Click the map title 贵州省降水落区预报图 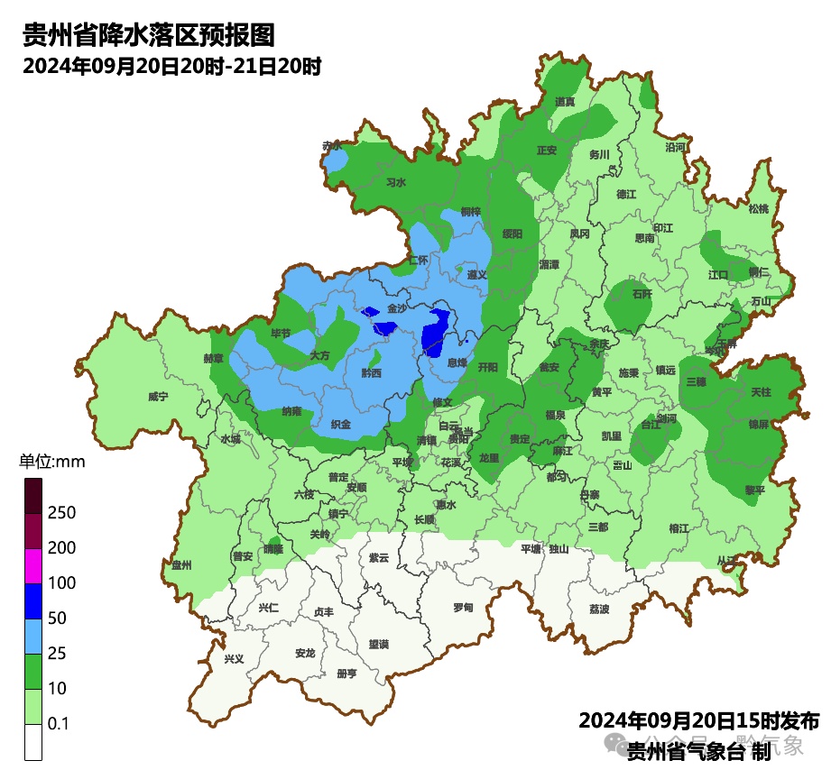(x=147, y=35)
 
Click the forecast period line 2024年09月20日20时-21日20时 (x=171, y=66)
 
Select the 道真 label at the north (x=565, y=102)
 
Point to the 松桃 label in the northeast (x=758, y=209)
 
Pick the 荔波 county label (x=599, y=609)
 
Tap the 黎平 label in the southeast (x=754, y=490)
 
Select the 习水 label (x=395, y=182)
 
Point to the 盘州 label (x=181, y=565)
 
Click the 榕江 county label (x=679, y=528)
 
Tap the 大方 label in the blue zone (x=319, y=355)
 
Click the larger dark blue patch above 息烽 (x=437, y=330)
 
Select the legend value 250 (x=61, y=513)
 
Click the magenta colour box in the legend (x=33, y=566)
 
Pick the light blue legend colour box (x=33, y=637)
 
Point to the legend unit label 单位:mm (x=51, y=463)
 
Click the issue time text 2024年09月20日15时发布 (x=698, y=721)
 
